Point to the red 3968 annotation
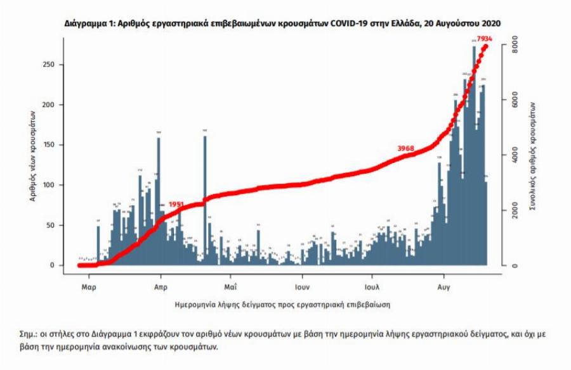tap(405, 148)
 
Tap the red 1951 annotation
tap(176, 205)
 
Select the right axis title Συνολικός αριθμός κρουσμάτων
tap(532, 155)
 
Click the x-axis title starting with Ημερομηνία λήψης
tap(282, 304)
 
